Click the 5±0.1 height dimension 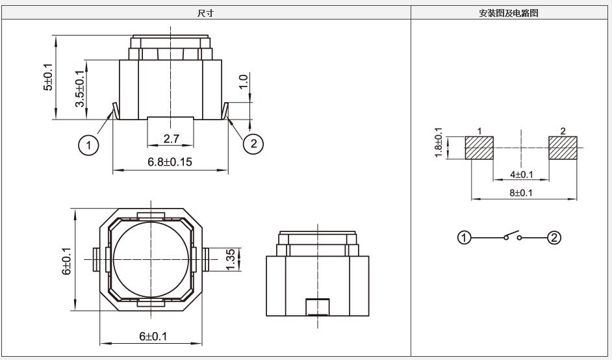point(47,77)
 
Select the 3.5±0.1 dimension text point(80,88)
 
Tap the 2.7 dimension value point(172,138)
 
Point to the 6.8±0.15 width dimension point(170,162)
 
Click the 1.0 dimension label point(243,82)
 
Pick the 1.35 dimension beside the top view point(231,259)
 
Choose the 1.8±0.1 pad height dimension point(439,143)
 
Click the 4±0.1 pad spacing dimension point(522,175)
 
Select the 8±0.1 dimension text point(521,193)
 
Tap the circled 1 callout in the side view point(88,146)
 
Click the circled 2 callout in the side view point(253,144)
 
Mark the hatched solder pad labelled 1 point(479,148)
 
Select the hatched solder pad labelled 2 point(563,148)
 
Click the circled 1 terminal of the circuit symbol point(464,237)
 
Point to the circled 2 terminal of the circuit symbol point(554,237)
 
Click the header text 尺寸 point(206,13)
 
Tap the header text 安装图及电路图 point(509,13)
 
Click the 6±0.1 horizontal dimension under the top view point(153,336)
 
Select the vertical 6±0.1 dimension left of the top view point(67,261)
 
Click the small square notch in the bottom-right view point(317,307)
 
